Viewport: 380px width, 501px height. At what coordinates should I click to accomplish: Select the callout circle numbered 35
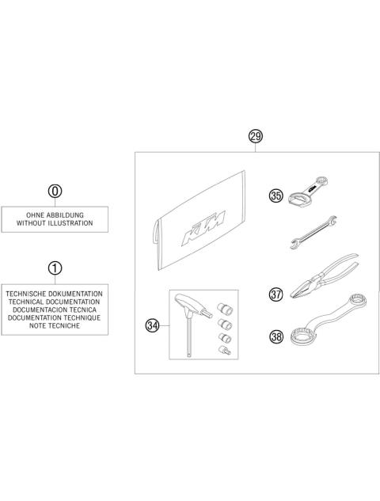(x=276, y=195)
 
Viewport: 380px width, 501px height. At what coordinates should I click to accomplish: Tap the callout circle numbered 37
(x=276, y=294)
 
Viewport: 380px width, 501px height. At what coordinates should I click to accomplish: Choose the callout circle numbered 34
(x=152, y=325)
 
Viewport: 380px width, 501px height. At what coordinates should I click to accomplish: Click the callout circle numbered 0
(x=54, y=192)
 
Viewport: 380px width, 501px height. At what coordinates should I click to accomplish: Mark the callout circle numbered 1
(x=54, y=268)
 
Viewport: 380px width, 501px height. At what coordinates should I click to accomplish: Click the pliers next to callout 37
(x=321, y=283)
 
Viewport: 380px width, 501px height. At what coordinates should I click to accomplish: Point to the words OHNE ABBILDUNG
(x=54, y=214)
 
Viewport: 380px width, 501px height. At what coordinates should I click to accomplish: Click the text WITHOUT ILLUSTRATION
(x=54, y=223)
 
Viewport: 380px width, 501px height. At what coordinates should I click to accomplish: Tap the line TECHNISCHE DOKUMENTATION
(x=54, y=292)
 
